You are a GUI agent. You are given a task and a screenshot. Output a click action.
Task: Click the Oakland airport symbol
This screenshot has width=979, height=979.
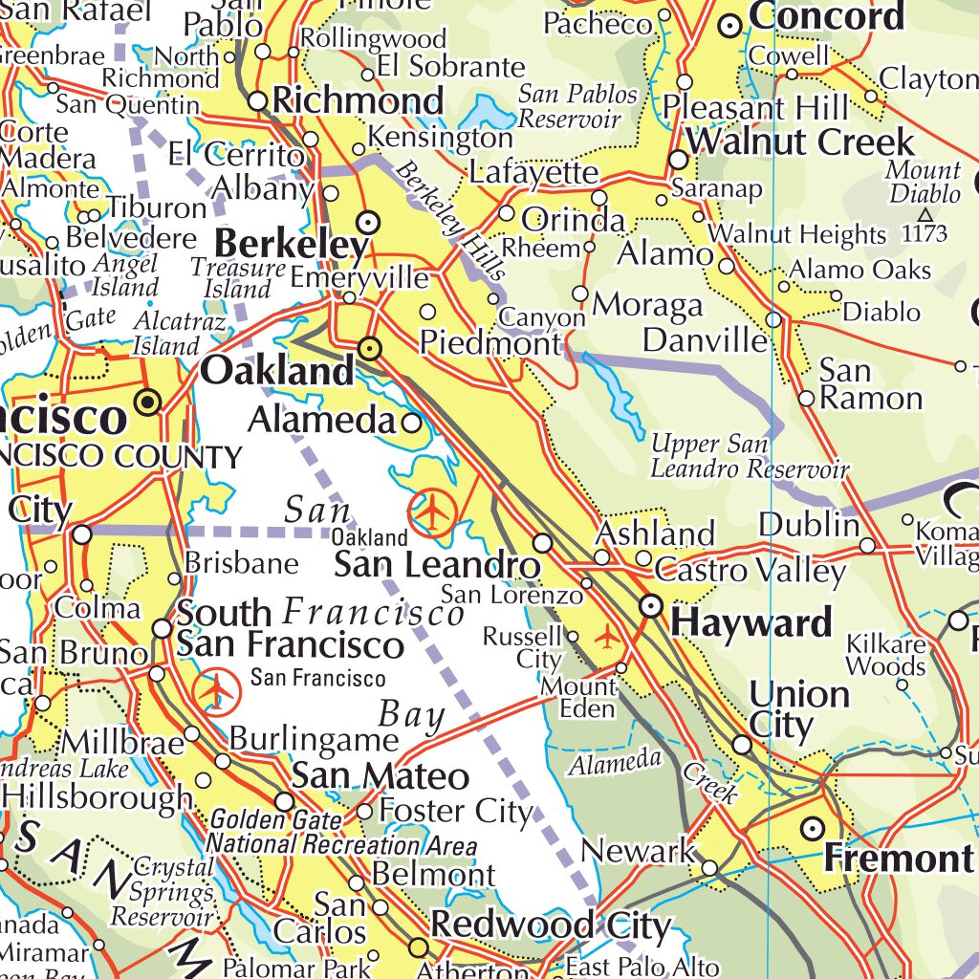(x=432, y=512)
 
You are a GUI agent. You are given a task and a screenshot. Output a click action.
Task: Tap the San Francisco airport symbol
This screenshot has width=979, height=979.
(x=217, y=689)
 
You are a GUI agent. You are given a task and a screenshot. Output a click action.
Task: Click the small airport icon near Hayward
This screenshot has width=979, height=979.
(x=607, y=635)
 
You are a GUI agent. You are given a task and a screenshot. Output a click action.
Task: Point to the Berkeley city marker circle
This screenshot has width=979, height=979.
(x=369, y=223)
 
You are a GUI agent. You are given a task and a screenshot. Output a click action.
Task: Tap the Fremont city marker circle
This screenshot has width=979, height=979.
(x=813, y=828)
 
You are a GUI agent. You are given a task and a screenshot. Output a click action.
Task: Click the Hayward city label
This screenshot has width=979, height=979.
(x=751, y=623)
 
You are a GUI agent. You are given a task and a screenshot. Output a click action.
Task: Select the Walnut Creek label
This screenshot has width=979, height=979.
(x=800, y=142)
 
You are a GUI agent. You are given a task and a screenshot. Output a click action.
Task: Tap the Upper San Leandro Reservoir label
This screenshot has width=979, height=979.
(x=749, y=457)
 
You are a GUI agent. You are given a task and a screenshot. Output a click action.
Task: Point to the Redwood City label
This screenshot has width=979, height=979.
(x=551, y=925)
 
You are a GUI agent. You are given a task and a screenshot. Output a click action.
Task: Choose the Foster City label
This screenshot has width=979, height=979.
(x=455, y=812)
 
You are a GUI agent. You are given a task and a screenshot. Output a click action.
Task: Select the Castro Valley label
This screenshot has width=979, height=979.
(x=750, y=571)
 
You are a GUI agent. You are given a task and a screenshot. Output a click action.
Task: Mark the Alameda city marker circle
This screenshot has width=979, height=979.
(x=412, y=422)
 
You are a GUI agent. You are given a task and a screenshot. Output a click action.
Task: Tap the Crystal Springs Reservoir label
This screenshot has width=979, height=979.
(x=163, y=892)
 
